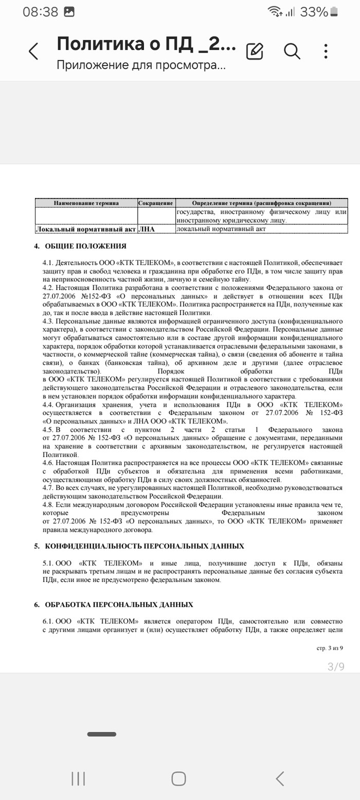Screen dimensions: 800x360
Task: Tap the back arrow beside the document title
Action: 33,51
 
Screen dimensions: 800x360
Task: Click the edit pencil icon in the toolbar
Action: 255,51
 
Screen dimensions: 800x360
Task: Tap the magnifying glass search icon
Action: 292,51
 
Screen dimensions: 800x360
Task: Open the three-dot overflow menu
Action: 326,51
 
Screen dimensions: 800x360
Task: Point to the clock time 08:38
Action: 40,12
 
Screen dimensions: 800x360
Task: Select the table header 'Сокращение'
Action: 156,203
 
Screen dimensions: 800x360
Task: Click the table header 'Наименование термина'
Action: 86,203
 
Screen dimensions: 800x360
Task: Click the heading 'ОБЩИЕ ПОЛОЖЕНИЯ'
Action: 85,246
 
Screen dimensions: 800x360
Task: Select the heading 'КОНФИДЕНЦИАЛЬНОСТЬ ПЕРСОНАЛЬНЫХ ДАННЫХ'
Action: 145,546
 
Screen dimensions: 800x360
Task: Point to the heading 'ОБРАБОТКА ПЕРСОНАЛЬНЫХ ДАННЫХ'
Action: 119,605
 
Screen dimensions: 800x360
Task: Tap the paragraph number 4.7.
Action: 48,488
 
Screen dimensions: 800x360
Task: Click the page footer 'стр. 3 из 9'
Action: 330,648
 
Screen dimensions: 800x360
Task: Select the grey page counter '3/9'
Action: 336,667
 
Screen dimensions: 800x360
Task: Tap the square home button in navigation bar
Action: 178,778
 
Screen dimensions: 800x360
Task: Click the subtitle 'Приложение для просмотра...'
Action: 141,65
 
